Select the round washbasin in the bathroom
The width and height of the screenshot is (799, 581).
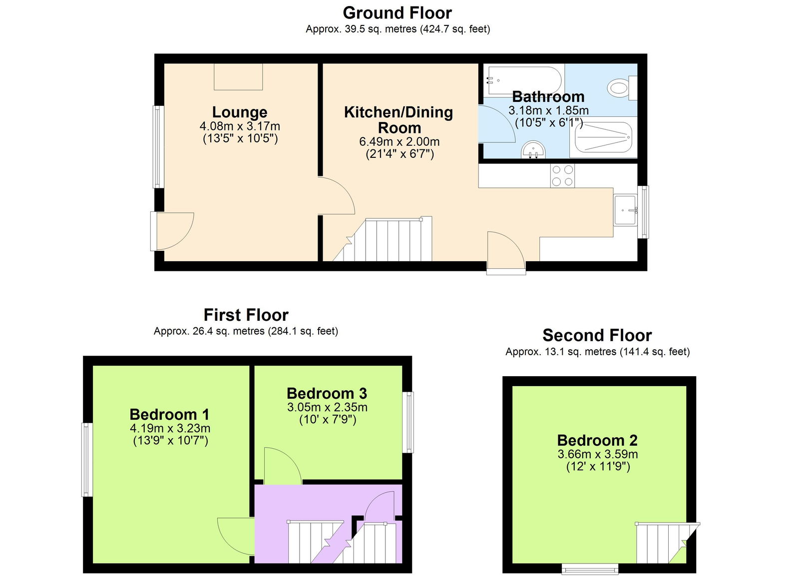pos(533,150)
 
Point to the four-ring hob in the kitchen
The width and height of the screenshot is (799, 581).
pos(562,176)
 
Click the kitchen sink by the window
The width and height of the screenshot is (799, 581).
pos(625,210)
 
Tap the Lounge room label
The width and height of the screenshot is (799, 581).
pos(240,112)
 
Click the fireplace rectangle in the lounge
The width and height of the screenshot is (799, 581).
pos(238,76)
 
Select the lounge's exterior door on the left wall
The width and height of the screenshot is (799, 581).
pos(171,231)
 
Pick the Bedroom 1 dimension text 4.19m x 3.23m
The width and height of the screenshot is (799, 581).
pos(170,428)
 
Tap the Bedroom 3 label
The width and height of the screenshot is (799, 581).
pos(327,394)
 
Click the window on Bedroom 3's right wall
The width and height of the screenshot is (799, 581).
pos(409,422)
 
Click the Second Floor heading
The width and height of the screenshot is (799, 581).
pos(597,335)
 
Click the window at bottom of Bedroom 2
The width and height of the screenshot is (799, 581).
pos(590,569)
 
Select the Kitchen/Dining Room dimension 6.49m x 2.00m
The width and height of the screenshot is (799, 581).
pos(399,142)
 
